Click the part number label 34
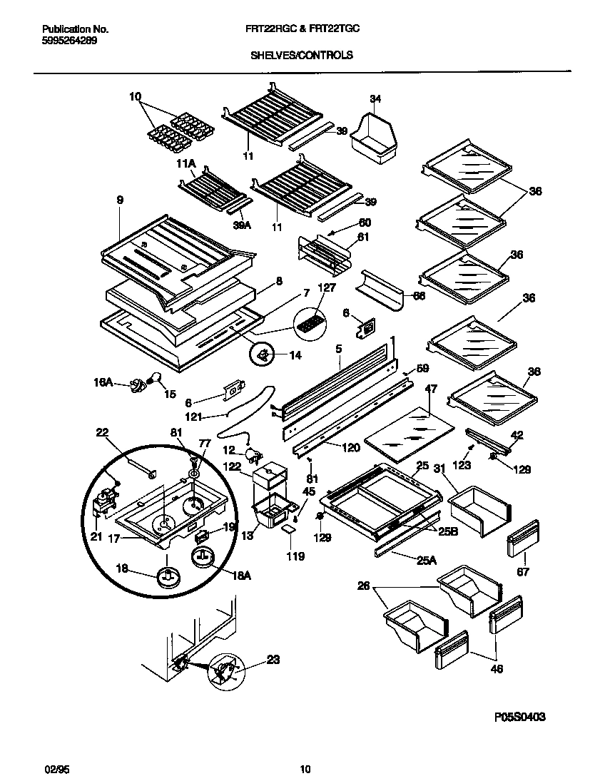click(376, 98)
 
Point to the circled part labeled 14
click(263, 354)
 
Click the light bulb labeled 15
click(154, 379)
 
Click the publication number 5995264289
click(70, 41)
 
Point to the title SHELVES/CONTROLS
click(302, 54)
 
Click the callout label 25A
click(426, 561)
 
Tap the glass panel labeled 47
click(409, 434)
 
